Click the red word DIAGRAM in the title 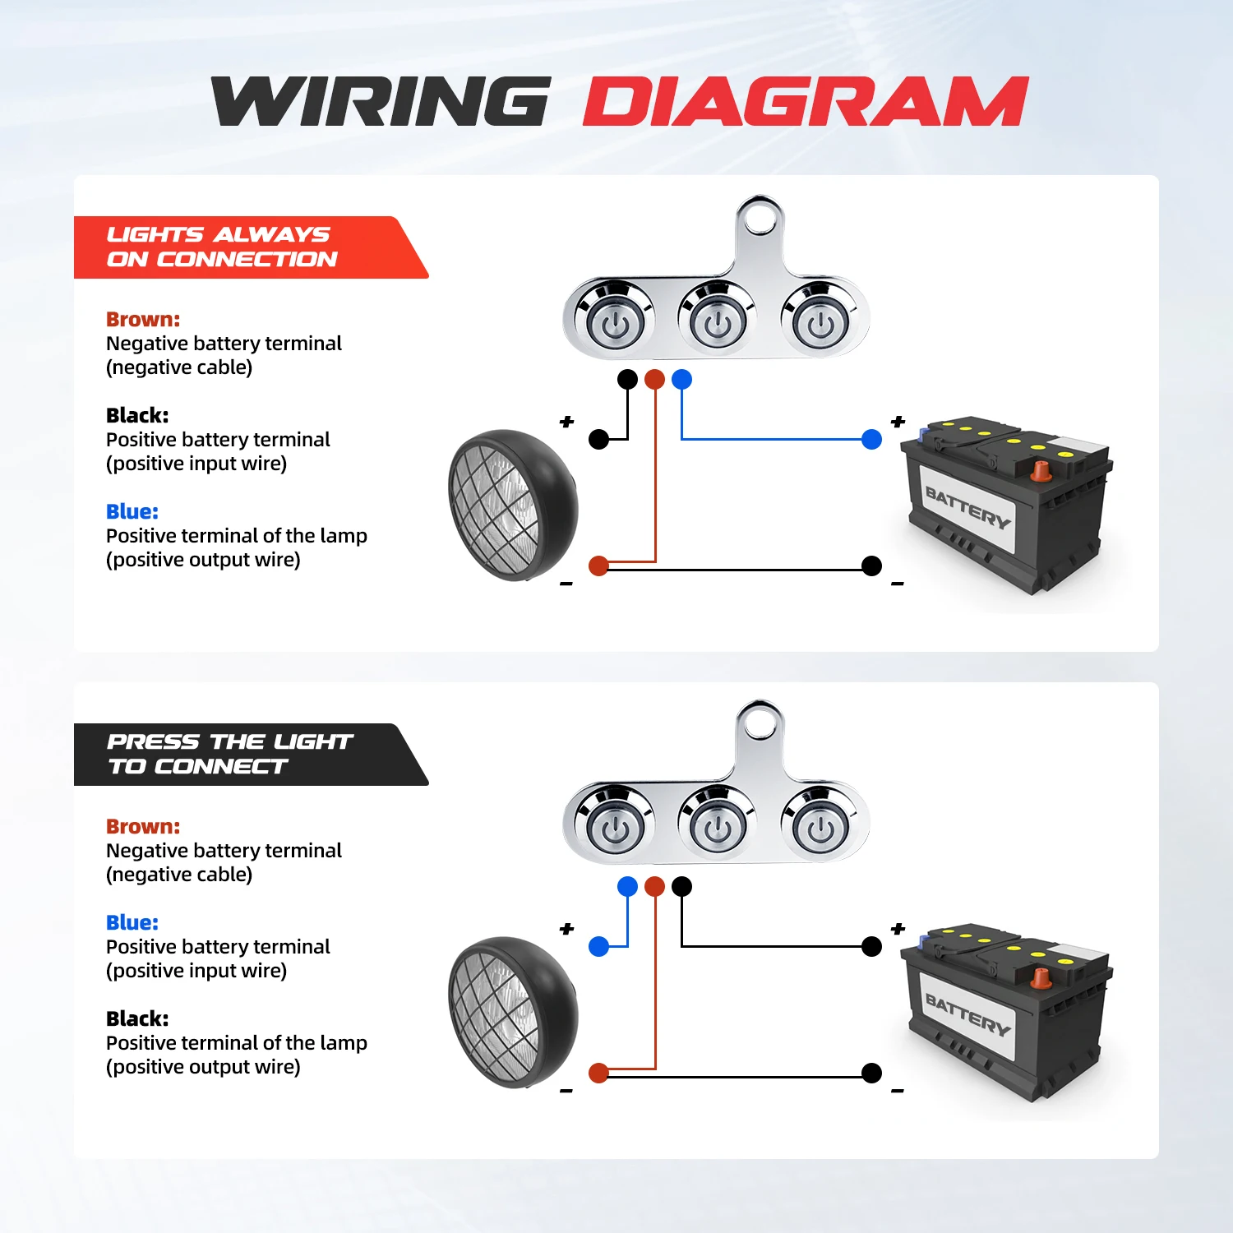(x=806, y=102)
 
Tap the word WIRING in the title (x=381, y=102)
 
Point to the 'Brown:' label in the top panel (x=143, y=320)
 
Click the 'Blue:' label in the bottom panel (x=132, y=923)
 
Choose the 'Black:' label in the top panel (x=137, y=416)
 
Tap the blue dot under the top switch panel (x=681, y=379)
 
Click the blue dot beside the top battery (x=871, y=440)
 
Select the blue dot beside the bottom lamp (x=599, y=947)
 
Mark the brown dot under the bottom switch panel (x=654, y=886)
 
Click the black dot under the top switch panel (x=627, y=379)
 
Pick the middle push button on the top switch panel (x=717, y=321)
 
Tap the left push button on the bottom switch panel (x=614, y=829)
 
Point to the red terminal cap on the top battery (x=1041, y=471)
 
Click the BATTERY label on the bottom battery (x=967, y=1014)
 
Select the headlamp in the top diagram (x=511, y=506)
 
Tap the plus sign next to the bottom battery (x=898, y=929)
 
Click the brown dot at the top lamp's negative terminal (x=598, y=566)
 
